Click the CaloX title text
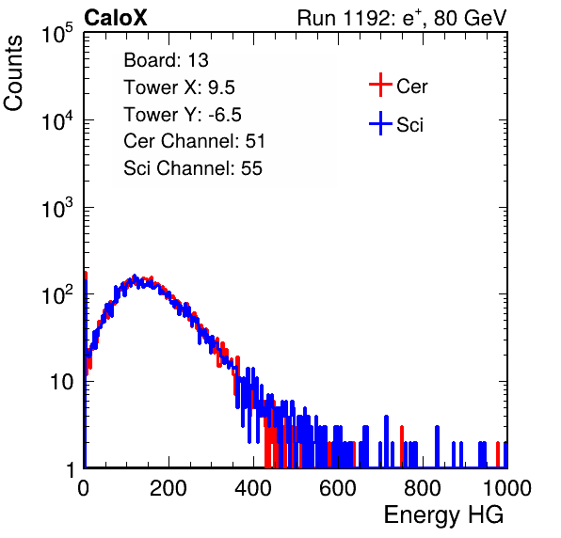[116, 18]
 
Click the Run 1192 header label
[402, 18]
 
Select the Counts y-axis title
[13, 73]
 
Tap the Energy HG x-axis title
[443, 515]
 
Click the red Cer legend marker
[380, 85]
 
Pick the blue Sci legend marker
[380, 123]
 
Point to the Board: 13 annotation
[166, 60]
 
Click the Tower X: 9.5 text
[179, 87]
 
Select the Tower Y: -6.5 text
[183, 115]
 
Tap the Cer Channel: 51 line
[194, 141]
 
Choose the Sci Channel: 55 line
[193, 168]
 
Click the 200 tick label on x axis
[168, 488]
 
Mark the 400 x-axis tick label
[253, 488]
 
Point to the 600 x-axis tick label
[338, 488]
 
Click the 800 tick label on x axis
[423, 488]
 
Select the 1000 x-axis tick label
[507, 488]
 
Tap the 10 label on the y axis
[61, 382]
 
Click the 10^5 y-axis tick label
[57, 33]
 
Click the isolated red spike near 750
[402, 447]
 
